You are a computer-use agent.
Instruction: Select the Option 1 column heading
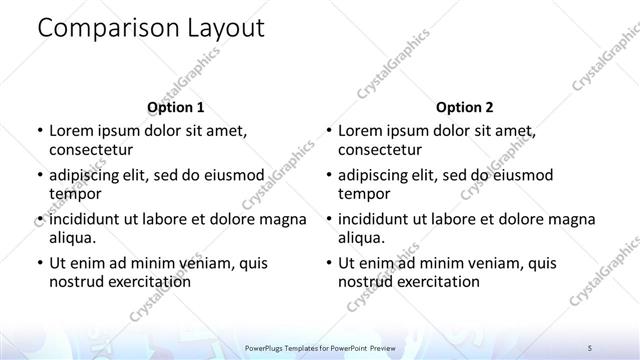[176, 107]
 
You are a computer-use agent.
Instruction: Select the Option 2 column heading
[465, 107]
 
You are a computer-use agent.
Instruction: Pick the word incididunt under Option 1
[91, 219]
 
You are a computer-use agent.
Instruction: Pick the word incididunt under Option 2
[381, 219]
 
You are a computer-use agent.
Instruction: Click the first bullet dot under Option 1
[39, 132]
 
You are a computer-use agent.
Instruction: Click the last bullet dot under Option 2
[329, 264]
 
